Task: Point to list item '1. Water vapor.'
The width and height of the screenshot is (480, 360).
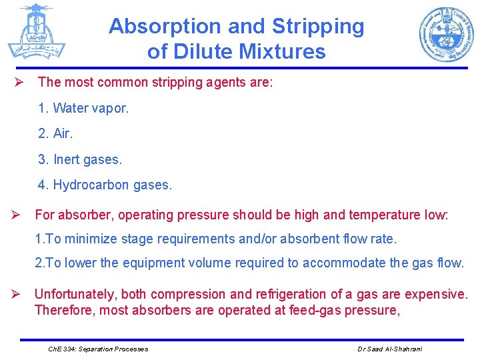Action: click(83, 108)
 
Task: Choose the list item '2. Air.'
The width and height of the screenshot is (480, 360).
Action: click(55, 133)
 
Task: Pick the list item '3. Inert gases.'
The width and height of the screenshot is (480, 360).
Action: click(80, 159)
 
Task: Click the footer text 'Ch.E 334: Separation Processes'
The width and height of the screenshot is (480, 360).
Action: click(99, 349)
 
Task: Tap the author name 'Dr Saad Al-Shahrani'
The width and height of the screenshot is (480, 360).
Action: click(390, 349)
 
